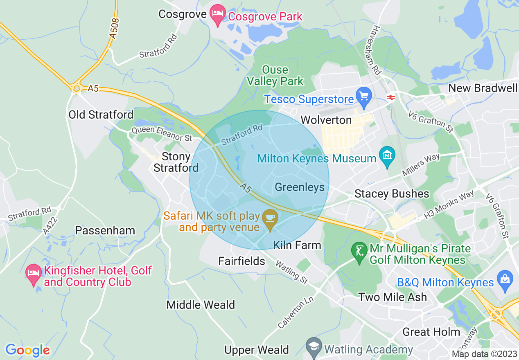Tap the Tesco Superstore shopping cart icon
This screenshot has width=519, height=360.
tap(363, 96)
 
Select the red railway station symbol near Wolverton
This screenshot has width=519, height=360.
tap(390, 97)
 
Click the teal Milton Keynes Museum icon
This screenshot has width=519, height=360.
tap(387, 156)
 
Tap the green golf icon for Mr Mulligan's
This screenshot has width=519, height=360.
tap(360, 252)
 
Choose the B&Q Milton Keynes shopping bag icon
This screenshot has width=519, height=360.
tap(505, 279)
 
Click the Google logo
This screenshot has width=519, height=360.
tap(27, 350)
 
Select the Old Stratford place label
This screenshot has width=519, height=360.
tap(101, 115)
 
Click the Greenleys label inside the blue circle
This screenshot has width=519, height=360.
tap(300, 187)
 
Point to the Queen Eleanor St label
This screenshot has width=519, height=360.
tap(161, 134)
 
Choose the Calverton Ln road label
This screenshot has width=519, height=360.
tap(296, 312)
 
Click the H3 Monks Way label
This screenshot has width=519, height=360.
tap(449, 204)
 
